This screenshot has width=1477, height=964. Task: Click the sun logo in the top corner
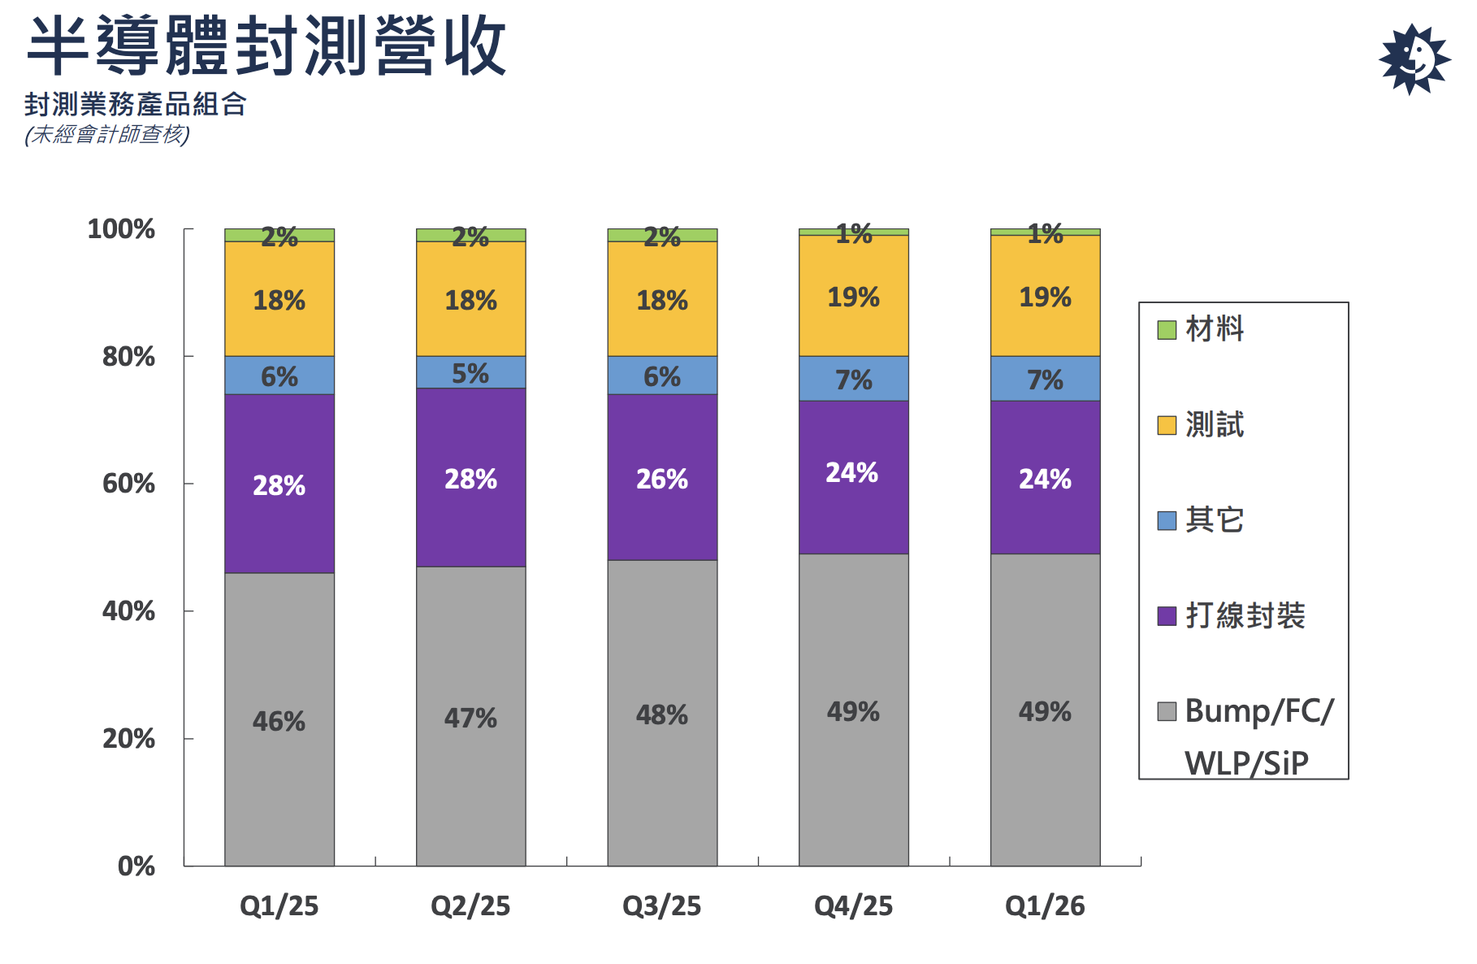pyautogui.click(x=1414, y=59)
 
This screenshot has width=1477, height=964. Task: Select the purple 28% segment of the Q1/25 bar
pyautogui.click(x=279, y=484)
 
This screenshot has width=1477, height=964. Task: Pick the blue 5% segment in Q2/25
pyautogui.click(x=471, y=372)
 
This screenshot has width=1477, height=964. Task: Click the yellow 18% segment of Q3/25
pyautogui.click(x=662, y=299)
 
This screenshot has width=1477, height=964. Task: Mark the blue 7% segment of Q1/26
pyautogui.click(x=1046, y=379)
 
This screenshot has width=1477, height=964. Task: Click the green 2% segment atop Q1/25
pyautogui.click(x=279, y=236)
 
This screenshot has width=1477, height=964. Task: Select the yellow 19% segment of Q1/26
pyautogui.click(x=1046, y=296)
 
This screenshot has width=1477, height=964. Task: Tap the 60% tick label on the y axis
pyautogui.click(x=128, y=484)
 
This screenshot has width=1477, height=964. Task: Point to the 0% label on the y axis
pyautogui.click(x=136, y=866)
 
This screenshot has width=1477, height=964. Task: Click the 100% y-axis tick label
pyautogui.click(x=121, y=229)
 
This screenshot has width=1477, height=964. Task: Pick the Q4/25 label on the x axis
pyautogui.click(x=854, y=905)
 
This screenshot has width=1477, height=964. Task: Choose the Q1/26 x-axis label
pyautogui.click(x=1046, y=905)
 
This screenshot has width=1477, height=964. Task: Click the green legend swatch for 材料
pyautogui.click(x=1167, y=330)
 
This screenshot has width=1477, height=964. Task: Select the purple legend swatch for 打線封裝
pyautogui.click(x=1167, y=616)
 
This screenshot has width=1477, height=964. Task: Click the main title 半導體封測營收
pyautogui.click(x=266, y=47)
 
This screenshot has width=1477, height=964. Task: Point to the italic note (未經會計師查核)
pyautogui.click(x=107, y=134)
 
